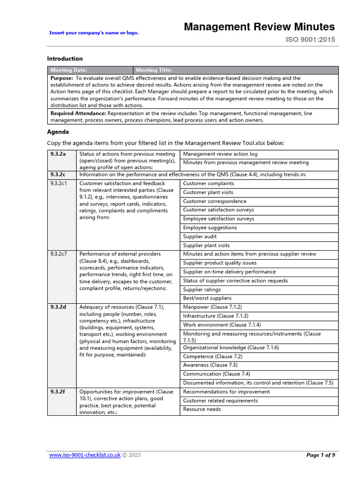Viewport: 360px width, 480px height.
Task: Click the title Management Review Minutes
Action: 259,27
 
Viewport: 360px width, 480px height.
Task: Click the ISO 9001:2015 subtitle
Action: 310,40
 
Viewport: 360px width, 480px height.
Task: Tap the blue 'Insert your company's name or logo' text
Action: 94,33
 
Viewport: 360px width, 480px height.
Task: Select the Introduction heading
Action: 65,59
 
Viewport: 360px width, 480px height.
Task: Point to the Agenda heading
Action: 58,132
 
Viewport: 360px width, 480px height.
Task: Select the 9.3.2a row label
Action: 58,154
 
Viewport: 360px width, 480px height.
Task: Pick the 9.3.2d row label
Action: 58,307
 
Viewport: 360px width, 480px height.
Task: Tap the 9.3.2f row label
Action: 58,391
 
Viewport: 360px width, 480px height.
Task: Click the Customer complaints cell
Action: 208,184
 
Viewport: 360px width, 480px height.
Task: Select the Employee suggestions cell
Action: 210,228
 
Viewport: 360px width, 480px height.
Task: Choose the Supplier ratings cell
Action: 202,290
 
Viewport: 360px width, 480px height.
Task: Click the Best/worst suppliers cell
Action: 207,298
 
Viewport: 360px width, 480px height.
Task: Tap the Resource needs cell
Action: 202,409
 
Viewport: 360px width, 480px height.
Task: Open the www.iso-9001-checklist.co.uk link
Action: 85,455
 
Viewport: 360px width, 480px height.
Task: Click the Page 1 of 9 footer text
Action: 321,455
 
